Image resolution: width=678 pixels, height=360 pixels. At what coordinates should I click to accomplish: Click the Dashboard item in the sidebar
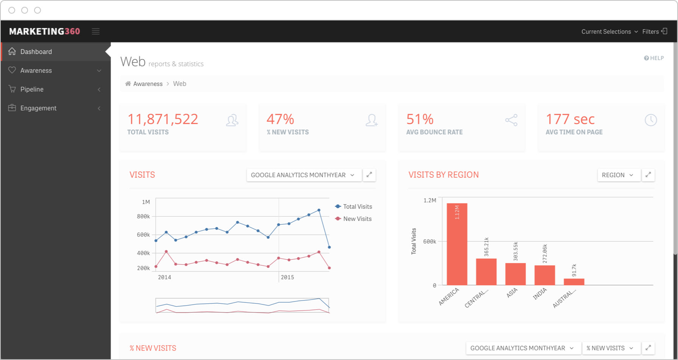36,52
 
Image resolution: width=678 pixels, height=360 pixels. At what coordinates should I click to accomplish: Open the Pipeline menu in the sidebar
32,89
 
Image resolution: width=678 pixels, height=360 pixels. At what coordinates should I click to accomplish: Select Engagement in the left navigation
38,108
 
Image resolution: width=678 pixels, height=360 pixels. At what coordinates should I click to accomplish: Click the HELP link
654,58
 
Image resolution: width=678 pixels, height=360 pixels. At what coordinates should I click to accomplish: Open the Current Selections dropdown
609,32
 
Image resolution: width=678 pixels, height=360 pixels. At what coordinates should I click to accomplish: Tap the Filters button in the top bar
655,32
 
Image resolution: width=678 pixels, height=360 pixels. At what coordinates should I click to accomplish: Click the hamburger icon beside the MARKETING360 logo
96,31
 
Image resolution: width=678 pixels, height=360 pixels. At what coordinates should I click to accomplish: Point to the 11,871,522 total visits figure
163,119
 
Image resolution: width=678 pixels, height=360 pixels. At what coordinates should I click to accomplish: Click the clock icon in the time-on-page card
651,120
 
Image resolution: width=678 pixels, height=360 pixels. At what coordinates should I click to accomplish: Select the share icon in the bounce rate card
511,120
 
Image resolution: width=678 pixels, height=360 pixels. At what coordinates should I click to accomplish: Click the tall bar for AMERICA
457,244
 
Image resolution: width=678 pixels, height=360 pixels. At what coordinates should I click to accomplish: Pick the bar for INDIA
545,275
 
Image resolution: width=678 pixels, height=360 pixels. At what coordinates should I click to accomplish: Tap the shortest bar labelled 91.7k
574,282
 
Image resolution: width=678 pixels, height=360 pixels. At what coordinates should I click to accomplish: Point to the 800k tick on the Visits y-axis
144,217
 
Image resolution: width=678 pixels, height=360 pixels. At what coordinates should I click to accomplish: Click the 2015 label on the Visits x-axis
287,277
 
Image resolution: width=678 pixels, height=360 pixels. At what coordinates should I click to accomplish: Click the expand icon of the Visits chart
369,175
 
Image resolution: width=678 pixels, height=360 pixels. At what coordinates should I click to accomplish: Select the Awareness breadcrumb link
148,84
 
